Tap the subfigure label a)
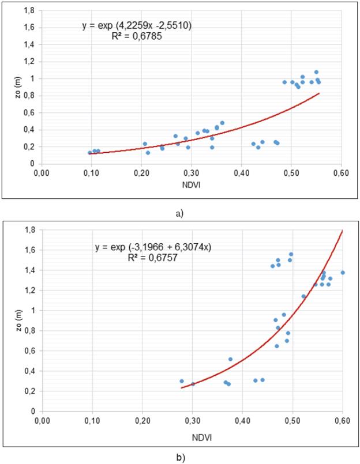pos(179,213)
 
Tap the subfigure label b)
pos(180,459)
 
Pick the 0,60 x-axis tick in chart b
pos(343,420)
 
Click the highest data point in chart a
pos(316,72)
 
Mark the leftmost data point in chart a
pos(89,153)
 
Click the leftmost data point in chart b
pos(182,381)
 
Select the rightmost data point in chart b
pos(343,273)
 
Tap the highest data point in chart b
pos(291,254)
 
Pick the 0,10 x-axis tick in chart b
pos(92,420)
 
